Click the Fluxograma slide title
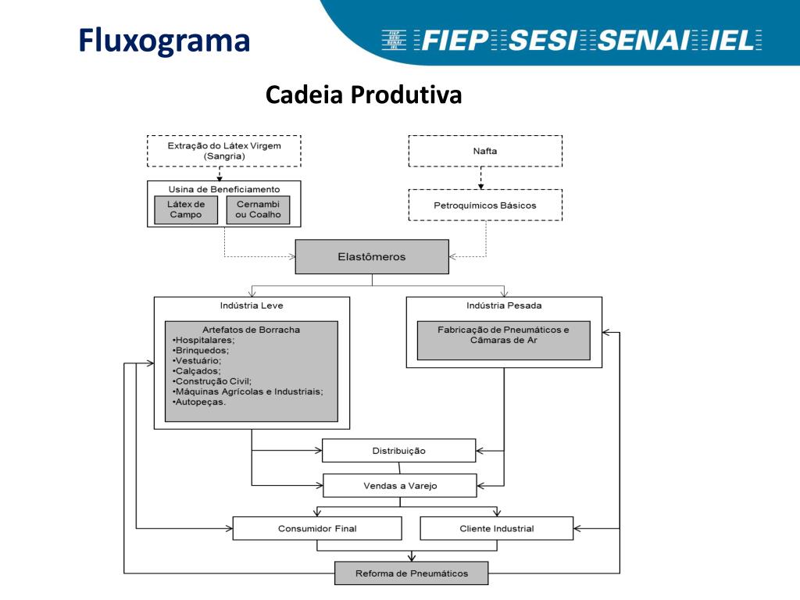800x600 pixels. coord(164,41)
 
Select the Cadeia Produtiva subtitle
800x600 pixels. coord(364,95)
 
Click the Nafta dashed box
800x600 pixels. coord(485,151)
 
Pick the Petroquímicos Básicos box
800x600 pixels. coord(485,205)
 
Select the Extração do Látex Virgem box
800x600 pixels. coord(224,151)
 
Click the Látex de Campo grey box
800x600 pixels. coord(186,209)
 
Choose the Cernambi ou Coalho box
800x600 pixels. coord(258,209)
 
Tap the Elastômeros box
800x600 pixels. coord(372,256)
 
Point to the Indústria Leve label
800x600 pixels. coord(252,305)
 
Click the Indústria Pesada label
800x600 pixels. coord(504,305)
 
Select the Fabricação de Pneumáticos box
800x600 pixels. coord(504,341)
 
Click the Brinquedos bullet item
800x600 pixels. coord(201,351)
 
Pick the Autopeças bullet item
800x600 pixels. coord(199,402)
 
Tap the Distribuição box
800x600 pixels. coord(399,451)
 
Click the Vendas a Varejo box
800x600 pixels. coord(400,486)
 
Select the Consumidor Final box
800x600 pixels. coord(317,529)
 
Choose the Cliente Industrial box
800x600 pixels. coord(497,529)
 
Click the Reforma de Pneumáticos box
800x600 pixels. coord(412,573)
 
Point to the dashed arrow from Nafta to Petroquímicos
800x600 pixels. coord(480,178)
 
